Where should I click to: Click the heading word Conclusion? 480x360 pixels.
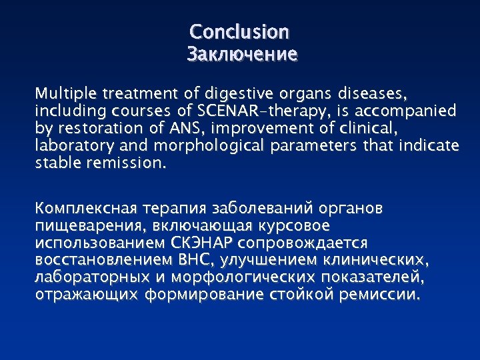point(239,32)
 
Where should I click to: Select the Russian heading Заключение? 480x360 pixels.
point(241,54)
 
